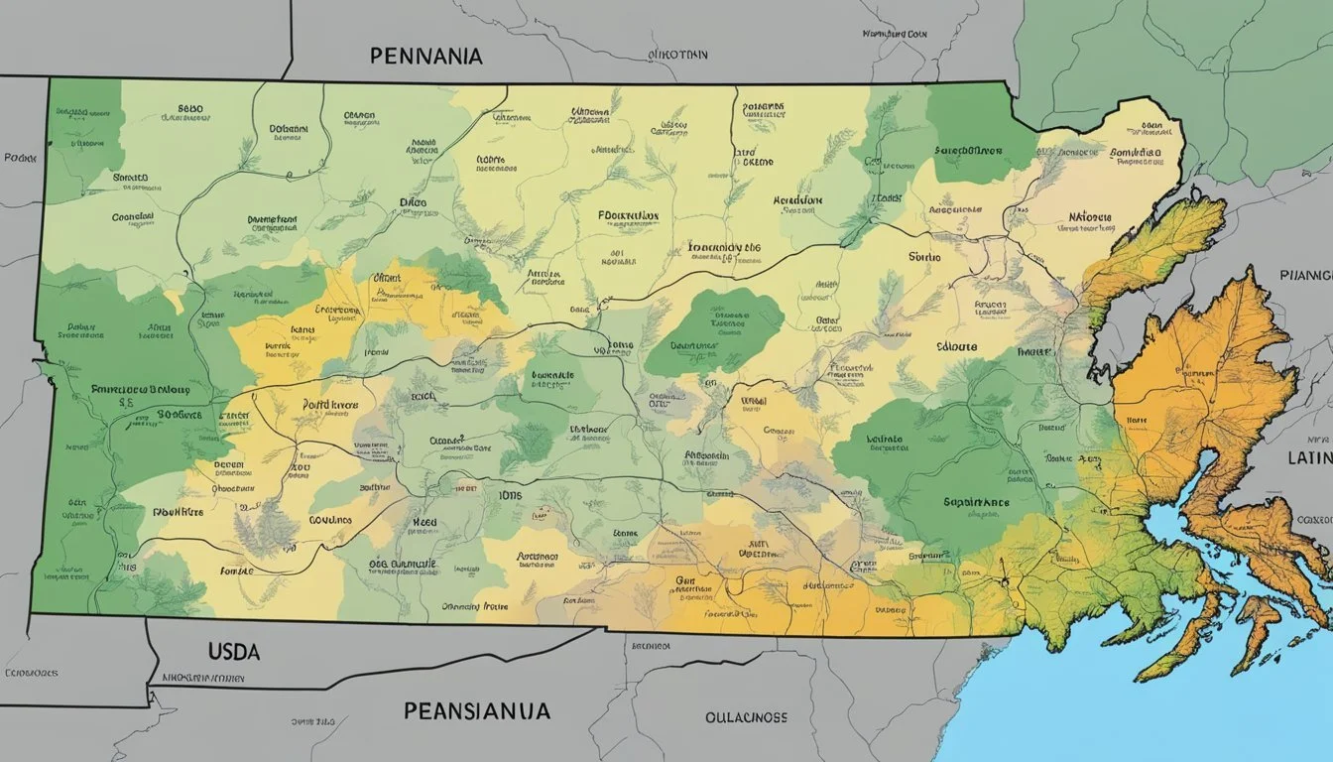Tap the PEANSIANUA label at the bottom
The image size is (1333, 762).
[x=477, y=710]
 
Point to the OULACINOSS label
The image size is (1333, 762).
[x=746, y=716]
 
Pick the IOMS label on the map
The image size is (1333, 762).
[x=508, y=496]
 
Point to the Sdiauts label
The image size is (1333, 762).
[x=956, y=347]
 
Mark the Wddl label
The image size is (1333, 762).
[x=755, y=401]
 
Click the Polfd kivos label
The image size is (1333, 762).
[x=330, y=405]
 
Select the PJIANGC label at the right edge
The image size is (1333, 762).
[x=1309, y=275]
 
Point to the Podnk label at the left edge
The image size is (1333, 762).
[x=20, y=158]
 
